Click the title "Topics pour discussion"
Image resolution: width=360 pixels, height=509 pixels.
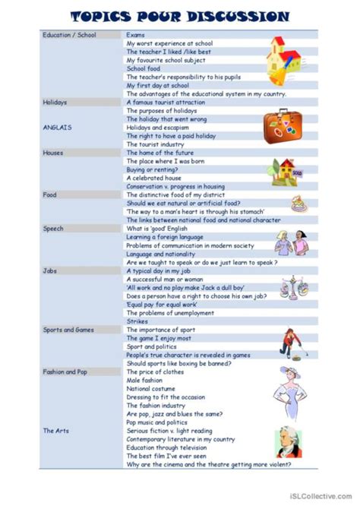click(179, 16)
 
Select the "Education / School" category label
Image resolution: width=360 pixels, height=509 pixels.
click(69, 35)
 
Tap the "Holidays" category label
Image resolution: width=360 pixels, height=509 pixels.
click(55, 102)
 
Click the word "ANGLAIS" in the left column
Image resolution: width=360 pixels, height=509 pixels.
click(57, 127)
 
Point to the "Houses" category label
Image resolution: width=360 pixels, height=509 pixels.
click(53, 152)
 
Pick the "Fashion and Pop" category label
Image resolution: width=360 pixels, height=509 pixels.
click(65, 371)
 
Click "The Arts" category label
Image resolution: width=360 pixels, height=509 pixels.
click(55, 431)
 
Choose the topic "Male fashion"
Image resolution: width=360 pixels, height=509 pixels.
click(145, 380)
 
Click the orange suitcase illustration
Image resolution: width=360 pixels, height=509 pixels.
click(283, 124)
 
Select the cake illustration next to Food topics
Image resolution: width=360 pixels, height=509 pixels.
click(297, 203)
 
